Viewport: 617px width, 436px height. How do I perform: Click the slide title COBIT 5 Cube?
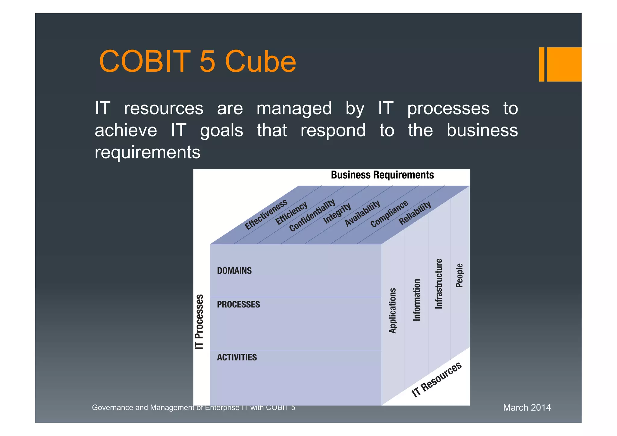coord(197,61)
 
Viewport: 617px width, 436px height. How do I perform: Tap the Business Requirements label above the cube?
coord(382,175)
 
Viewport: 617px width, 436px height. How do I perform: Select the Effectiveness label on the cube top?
coord(266,215)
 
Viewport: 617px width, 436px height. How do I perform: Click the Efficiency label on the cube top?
coord(291,213)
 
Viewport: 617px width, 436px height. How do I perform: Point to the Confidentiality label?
coord(312,215)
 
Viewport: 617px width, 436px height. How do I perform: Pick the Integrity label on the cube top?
coord(337,213)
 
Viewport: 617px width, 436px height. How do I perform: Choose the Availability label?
coord(362,213)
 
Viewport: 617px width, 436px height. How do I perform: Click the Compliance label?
coord(389,214)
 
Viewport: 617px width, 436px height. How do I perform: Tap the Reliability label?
coord(415,213)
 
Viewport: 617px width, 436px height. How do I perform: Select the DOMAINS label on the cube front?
coord(234,271)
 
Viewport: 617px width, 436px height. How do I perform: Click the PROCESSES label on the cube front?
coord(238,304)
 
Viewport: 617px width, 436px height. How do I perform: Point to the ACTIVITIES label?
coord(237,357)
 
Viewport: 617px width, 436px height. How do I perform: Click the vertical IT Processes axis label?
coord(199,322)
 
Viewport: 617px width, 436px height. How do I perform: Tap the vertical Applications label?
coord(392,311)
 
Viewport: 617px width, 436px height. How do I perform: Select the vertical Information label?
coord(416,300)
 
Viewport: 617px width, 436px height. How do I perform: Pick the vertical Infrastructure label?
coord(439,284)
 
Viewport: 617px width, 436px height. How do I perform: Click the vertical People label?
coord(459,275)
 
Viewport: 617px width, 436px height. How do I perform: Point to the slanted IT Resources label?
coord(436,380)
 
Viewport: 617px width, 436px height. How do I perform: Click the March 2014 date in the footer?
coord(527,407)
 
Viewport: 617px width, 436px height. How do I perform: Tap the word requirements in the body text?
coord(147,152)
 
